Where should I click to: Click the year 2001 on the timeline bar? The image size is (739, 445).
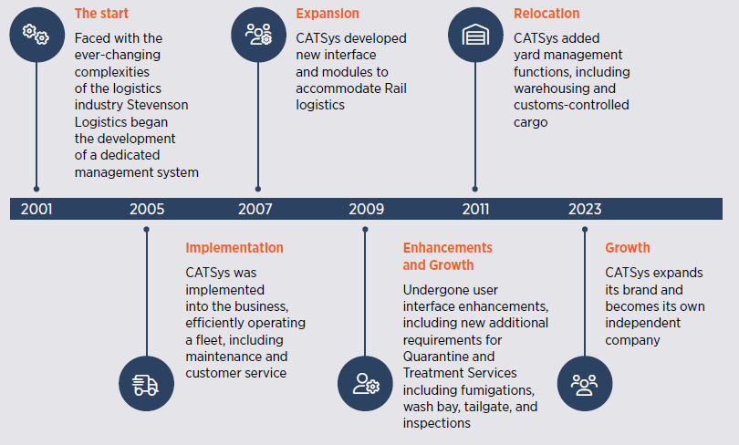tap(36, 209)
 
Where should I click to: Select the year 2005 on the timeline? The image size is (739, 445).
tap(147, 209)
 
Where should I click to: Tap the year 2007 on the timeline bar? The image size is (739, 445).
tap(255, 209)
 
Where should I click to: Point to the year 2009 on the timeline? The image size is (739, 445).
tap(366, 209)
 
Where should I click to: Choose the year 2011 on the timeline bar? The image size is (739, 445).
tap(475, 209)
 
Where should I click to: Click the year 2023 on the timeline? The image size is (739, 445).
tap(585, 209)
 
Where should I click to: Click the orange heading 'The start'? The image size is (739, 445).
tap(101, 13)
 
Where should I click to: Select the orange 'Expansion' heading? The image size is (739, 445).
tap(328, 14)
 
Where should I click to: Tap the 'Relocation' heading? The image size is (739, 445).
tap(546, 13)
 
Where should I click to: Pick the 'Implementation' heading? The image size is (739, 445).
tap(234, 248)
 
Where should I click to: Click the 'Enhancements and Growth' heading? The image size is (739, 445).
tap(447, 256)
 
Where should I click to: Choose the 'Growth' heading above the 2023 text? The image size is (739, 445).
tap(628, 248)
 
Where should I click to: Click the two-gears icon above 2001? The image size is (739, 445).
tap(36, 35)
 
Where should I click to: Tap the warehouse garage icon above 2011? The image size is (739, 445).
tap(475, 35)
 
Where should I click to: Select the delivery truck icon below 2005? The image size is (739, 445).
tap(146, 385)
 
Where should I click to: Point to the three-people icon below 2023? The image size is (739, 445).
tap(585, 385)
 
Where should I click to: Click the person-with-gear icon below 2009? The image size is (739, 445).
tap(366, 384)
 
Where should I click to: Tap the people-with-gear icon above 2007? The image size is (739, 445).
tap(258, 35)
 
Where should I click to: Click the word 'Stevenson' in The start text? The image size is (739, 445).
tap(160, 105)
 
